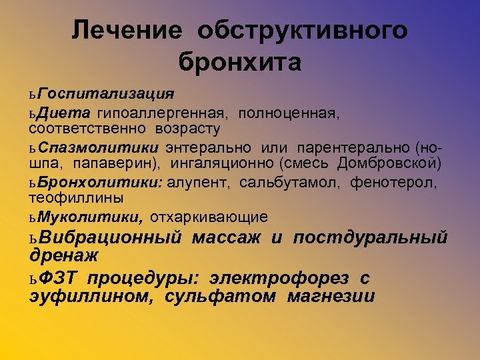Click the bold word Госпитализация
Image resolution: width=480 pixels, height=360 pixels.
[x=106, y=91]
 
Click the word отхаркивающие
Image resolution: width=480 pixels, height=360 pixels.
[x=209, y=217]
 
